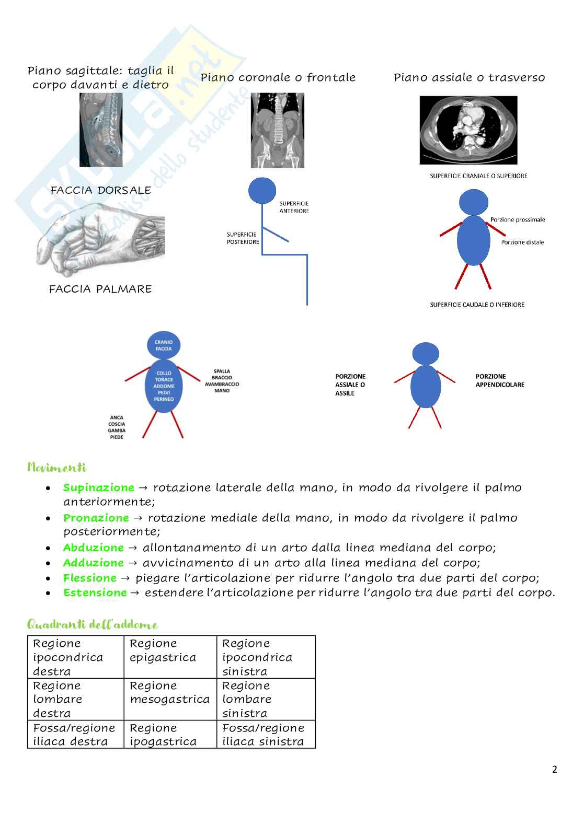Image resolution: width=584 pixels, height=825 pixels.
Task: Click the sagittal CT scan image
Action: point(101,130)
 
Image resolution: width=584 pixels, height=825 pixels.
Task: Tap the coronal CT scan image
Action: point(277,131)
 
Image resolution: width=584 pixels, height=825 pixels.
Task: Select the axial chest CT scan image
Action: point(468,130)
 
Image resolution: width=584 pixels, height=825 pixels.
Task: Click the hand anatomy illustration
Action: point(100,240)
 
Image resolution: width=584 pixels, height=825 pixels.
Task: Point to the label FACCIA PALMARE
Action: point(100,289)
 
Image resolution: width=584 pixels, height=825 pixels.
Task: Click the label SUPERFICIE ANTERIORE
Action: point(294,207)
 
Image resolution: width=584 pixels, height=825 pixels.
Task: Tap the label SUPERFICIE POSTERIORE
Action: point(243,238)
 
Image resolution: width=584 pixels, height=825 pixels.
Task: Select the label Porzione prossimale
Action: point(518,219)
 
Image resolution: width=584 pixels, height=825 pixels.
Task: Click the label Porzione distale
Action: point(522,242)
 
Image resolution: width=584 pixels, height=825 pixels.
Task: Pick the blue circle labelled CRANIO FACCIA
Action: point(164,345)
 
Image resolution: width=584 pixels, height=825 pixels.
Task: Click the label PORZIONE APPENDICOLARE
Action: point(499,380)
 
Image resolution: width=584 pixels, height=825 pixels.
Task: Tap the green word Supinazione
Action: point(99,487)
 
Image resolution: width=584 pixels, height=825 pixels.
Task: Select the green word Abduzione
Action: point(94,548)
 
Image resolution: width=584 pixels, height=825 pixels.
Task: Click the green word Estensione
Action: point(95,592)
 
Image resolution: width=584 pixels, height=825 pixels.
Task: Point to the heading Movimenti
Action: point(56,467)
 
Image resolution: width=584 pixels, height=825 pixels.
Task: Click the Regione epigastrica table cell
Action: point(170,657)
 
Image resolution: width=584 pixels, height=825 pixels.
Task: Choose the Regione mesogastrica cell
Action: point(170,699)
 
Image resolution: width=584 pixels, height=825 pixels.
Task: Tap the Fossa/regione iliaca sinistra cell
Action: point(266,734)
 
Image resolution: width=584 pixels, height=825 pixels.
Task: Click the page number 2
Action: point(555,769)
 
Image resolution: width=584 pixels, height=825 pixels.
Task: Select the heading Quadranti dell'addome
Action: point(92,624)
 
